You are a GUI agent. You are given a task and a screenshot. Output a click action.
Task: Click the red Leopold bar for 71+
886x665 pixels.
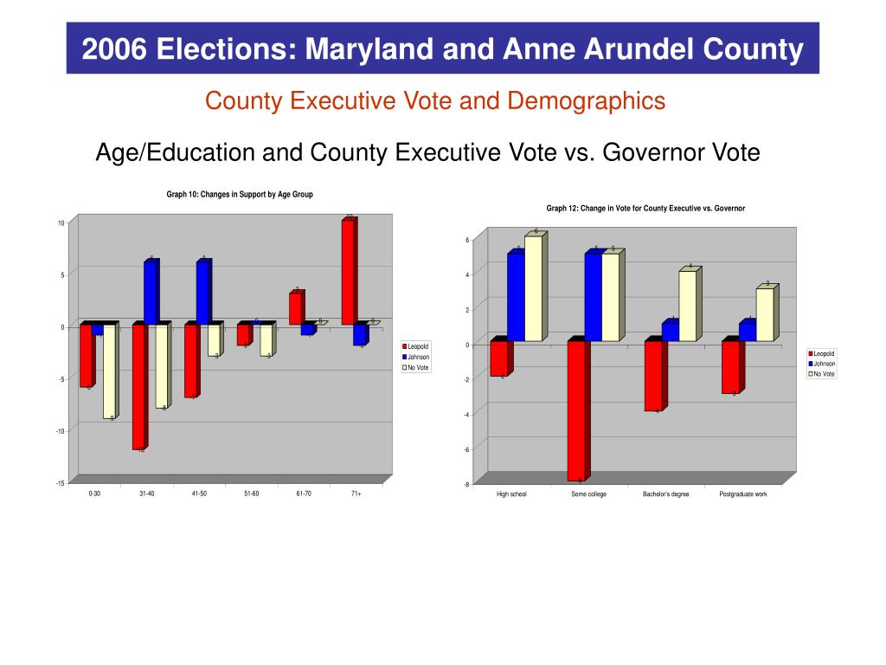click(x=347, y=272)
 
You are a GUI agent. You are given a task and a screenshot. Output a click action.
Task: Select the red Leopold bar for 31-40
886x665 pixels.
click(x=138, y=386)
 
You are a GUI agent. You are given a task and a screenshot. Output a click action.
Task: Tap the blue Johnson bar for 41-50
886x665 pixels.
click(x=202, y=292)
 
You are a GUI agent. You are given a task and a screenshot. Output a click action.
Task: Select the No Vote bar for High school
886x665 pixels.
click(x=533, y=288)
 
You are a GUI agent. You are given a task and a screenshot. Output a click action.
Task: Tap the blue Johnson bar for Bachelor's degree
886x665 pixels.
click(x=670, y=332)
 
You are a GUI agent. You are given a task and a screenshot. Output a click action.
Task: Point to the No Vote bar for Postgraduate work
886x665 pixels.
click(x=765, y=314)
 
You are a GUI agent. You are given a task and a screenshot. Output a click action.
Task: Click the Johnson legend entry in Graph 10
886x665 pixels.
click(x=418, y=357)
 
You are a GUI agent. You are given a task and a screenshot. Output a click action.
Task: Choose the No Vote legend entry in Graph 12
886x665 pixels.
click(x=824, y=374)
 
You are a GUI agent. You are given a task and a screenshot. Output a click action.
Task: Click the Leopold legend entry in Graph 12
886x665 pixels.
click(x=824, y=353)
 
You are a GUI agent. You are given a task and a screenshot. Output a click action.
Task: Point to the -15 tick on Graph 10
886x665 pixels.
click(x=60, y=483)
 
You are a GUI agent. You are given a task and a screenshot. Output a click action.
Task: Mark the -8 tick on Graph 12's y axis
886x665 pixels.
click(x=465, y=485)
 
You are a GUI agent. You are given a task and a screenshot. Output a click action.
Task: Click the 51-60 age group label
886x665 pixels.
click(x=250, y=494)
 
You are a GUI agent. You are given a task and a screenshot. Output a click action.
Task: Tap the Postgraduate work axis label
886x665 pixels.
click(x=743, y=494)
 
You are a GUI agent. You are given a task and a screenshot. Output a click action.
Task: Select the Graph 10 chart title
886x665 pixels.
click(x=240, y=195)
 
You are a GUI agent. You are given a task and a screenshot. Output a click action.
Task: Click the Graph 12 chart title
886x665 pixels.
click(x=645, y=209)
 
